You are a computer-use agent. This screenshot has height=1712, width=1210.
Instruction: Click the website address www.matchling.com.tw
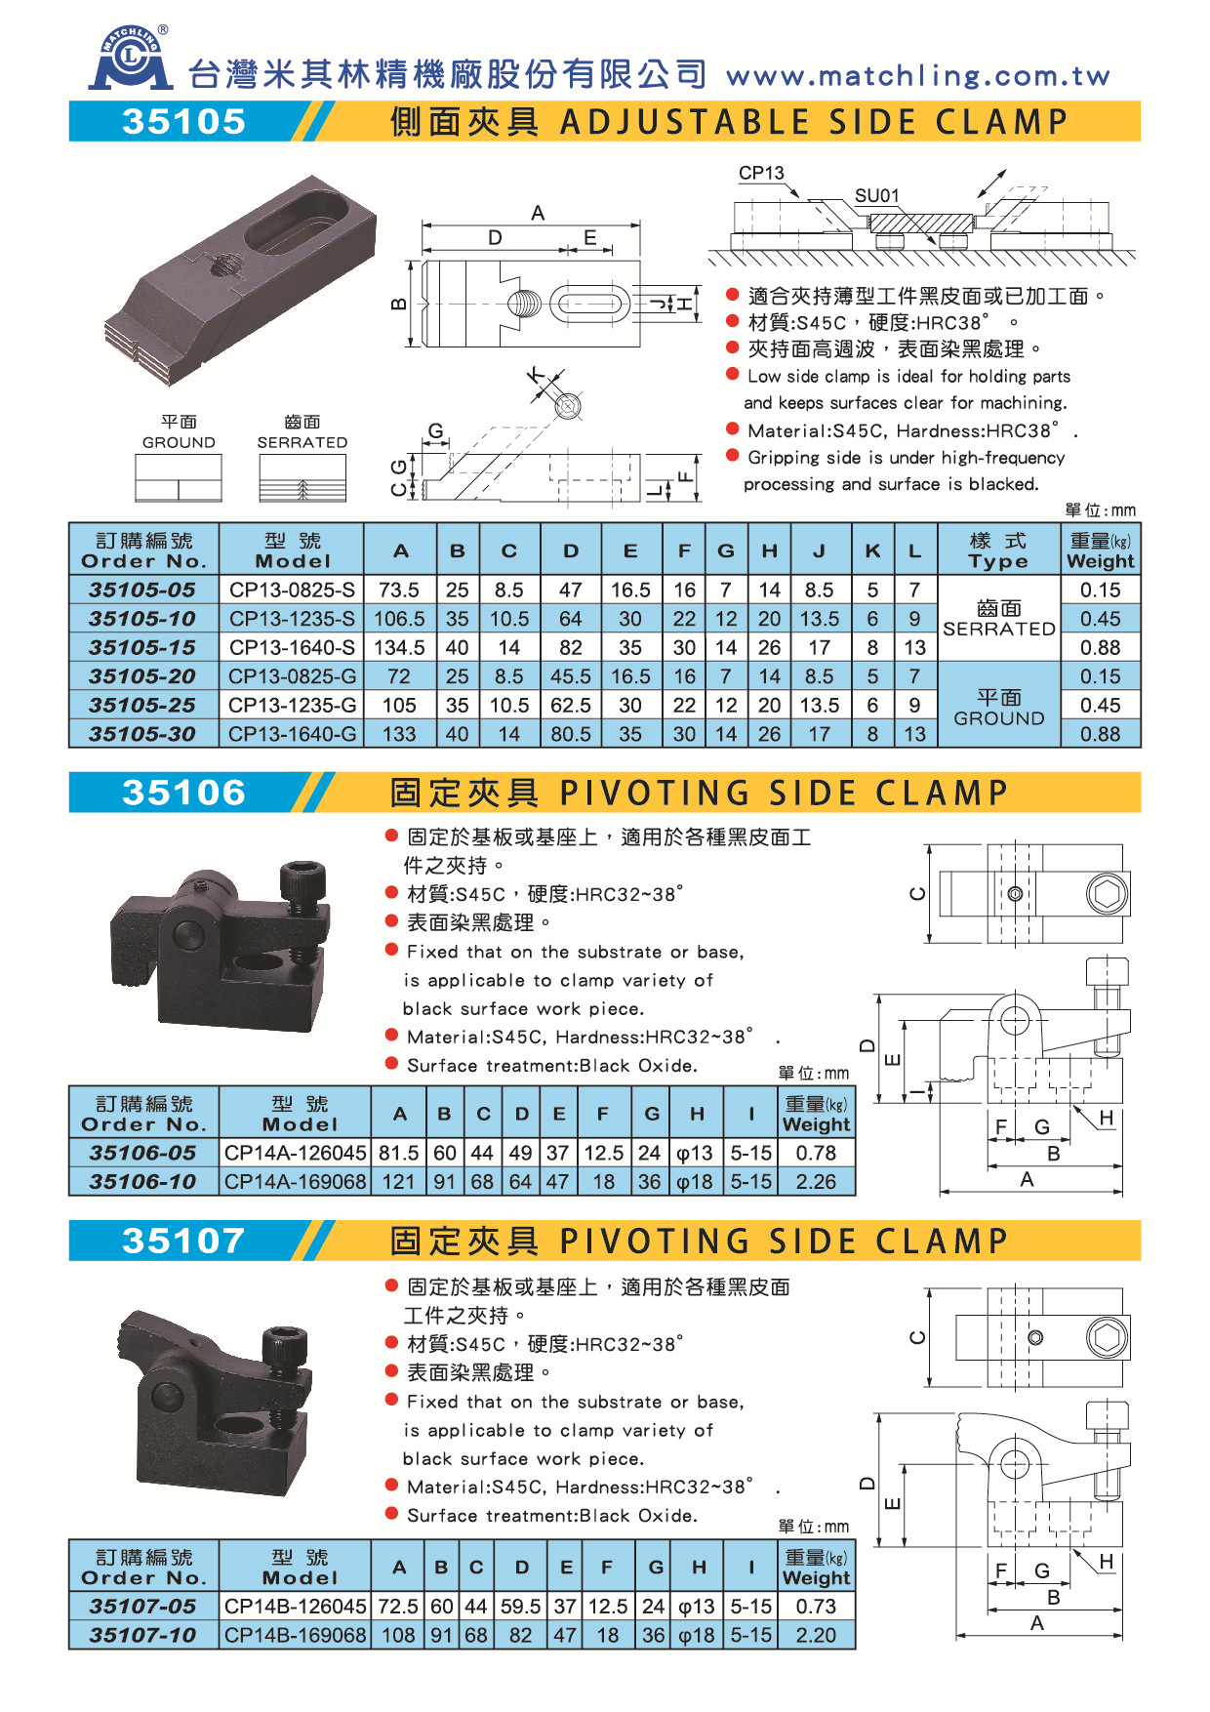coord(917,76)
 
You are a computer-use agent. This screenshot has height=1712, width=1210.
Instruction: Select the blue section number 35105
coord(183,122)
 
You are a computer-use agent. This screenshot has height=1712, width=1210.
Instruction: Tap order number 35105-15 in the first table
coord(142,647)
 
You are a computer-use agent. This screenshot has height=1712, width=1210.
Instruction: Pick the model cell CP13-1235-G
coord(292,705)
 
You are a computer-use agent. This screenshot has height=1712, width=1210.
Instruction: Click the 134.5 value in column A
coord(399,647)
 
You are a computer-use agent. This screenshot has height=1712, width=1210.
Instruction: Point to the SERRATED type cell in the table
coord(998,619)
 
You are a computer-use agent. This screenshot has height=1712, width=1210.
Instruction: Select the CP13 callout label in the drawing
coord(761,173)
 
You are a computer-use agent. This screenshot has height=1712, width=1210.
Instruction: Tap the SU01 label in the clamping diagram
coord(876,195)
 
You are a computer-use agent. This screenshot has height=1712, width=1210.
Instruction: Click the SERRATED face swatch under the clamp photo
coord(302,479)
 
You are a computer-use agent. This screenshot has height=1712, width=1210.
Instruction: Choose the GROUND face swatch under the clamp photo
coord(179,479)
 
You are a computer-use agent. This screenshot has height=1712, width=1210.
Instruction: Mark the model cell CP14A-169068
coord(295,1181)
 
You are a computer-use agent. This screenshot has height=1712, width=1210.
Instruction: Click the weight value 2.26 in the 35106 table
coord(816,1181)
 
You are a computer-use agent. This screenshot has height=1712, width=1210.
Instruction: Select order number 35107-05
coord(142,1606)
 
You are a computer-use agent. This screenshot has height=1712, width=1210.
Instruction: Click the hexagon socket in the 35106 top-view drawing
coord(1107,893)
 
